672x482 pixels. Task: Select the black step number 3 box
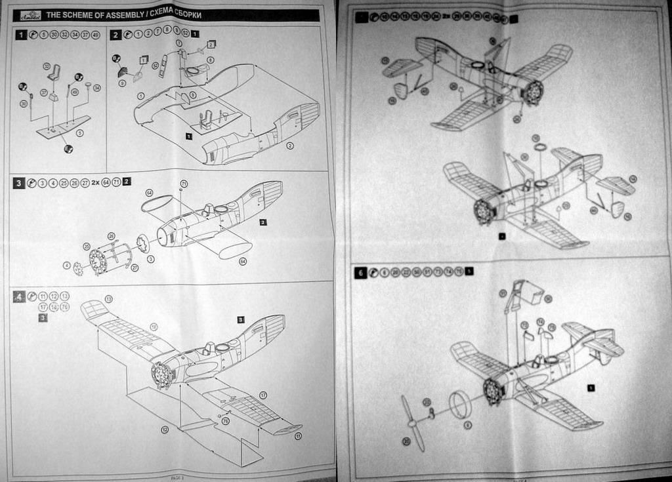(x=20, y=183)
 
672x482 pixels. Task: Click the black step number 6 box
(x=360, y=271)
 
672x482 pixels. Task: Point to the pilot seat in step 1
(x=55, y=73)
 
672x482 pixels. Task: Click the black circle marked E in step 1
(x=68, y=149)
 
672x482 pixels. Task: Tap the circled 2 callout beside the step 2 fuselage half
(x=289, y=145)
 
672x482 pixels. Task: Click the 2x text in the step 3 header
(x=96, y=183)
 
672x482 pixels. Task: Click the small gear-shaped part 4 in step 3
(x=77, y=268)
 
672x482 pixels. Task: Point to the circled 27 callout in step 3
(x=135, y=268)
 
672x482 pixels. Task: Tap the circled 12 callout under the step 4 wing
(x=163, y=430)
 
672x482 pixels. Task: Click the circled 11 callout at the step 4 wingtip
(x=299, y=435)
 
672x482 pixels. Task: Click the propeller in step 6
(x=413, y=424)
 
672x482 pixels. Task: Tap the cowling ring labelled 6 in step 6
(x=459, y=405)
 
